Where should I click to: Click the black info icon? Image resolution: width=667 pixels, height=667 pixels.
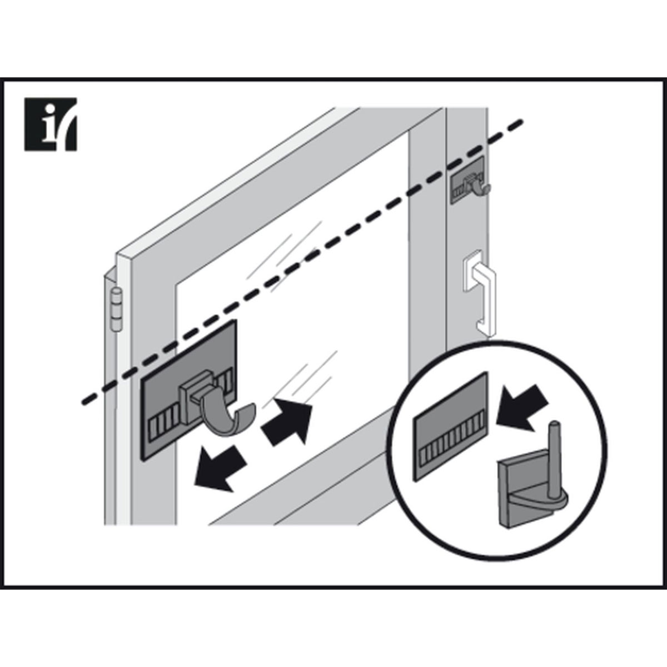click(x=50, y=124)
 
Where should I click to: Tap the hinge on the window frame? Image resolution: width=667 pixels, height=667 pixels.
click(x=116, y=309)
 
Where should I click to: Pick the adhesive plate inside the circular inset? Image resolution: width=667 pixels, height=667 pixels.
click(x=451, y=425)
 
